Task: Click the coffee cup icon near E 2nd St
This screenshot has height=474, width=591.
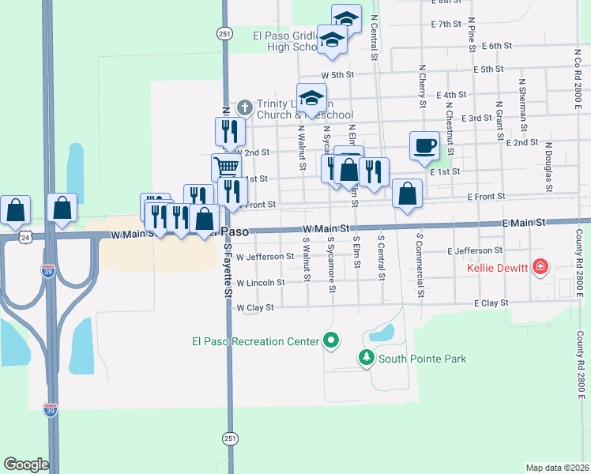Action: point(424,145)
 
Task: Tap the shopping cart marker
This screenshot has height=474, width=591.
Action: point(226,167)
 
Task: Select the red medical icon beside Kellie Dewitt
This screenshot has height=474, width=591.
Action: point(540,267)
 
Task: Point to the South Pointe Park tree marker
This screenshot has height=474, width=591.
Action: point(366,359)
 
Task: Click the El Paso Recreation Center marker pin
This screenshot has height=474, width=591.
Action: point(331,341)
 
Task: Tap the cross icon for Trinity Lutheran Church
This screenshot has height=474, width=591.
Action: point(245,107)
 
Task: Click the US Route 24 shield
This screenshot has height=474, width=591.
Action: point(26,235)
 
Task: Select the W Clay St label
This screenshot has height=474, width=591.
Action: point(254,307)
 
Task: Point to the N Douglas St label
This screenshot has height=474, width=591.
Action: point(548,166)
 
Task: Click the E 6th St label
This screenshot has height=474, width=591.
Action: point(496,47)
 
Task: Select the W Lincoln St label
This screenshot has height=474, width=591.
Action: point(260,282)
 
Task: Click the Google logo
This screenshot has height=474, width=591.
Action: point(26,465)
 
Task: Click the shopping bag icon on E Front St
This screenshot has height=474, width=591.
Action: point(407,193)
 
